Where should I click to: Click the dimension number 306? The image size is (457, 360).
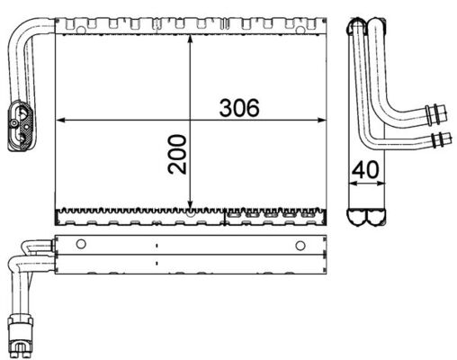(239, 107)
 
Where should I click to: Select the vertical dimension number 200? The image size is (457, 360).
(176, 154)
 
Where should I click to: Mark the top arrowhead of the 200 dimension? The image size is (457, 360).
(190, 43)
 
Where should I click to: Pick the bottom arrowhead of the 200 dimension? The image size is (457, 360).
(190, 204)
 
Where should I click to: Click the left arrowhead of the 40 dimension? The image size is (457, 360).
(352, 183)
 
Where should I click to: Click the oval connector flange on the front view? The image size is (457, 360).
(22, 126)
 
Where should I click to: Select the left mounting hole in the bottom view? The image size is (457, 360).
(81, 244)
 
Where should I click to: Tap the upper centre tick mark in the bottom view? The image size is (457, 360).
(157, 244)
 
